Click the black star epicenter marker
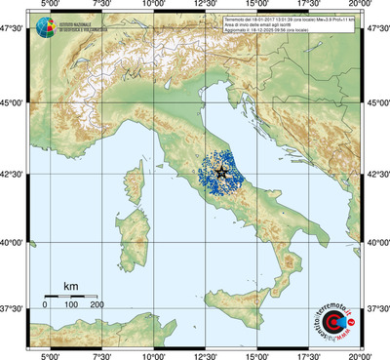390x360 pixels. (221, 172)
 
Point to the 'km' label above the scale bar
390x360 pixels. (70, 286)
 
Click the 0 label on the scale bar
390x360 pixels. (46, 305)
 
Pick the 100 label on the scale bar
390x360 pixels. (71, 305)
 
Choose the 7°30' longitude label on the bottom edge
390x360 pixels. (100, 354)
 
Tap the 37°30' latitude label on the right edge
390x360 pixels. (376, 308)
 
